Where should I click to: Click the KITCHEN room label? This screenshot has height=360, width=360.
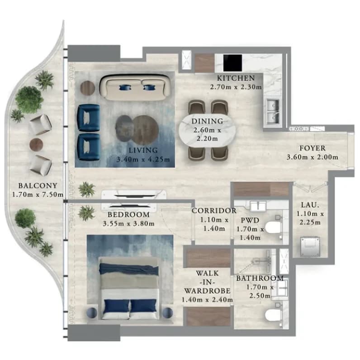tap(236, 78)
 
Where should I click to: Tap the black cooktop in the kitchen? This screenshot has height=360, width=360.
tap(232, 63)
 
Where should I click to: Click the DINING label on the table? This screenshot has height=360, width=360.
tap(207, 121)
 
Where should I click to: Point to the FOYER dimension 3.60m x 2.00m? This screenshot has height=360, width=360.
tap(312, 157)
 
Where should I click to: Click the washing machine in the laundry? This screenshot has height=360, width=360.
tap(310, 247)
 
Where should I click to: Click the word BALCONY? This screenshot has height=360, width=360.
tap(38, 185)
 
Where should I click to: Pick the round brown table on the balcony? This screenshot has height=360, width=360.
tap(36, 144)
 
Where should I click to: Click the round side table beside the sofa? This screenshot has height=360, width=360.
tap(88, 88)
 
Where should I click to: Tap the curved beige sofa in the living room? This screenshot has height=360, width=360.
tap(136, 87)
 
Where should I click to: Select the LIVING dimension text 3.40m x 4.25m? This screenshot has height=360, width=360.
tap(143, 159)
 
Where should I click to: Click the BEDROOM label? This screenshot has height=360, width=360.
tap(128, 215)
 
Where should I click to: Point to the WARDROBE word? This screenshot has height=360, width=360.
tap(207, 291)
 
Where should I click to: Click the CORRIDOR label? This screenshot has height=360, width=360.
tap(214, 211)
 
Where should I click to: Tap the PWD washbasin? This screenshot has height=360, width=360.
tap(258, 206)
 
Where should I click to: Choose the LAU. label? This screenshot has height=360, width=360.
tap(310, 205)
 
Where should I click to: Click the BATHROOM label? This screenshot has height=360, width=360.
tap(260, 278)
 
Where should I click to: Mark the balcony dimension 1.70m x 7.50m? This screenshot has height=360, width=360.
tap(38, 194)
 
